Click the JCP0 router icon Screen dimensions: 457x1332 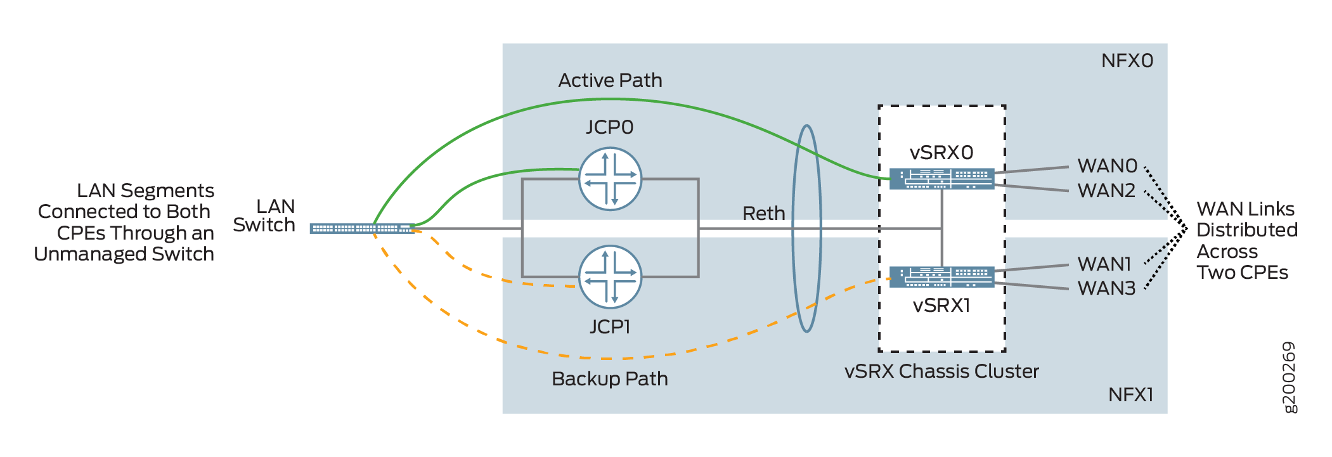tap(610, 179)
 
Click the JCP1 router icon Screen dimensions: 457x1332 tap(610, 277)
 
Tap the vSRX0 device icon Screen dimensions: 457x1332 tap(941, 178)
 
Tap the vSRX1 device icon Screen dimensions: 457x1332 tap(941, 277)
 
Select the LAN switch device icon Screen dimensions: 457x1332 tap(362, 228)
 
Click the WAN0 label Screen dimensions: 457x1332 tap(1108, 166)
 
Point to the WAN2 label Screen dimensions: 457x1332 tap(1106, 190)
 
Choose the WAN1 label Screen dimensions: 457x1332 tap(1104, 264)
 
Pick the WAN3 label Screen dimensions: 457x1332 tap(1106, 288)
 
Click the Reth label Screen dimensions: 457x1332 tap(763, 214)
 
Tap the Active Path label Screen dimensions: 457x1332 tap(610, 80)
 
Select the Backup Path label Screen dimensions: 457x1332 tap(609, 379)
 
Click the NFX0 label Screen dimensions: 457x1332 tap(1127, 61)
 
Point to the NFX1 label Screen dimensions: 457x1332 tap(1130, 395)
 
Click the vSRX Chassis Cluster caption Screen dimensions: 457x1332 tap(941, 371)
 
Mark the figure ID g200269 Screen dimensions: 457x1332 tap(1289, 377)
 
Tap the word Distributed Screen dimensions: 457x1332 tap(1246, 230)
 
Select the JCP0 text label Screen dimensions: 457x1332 tap(609, 127)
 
